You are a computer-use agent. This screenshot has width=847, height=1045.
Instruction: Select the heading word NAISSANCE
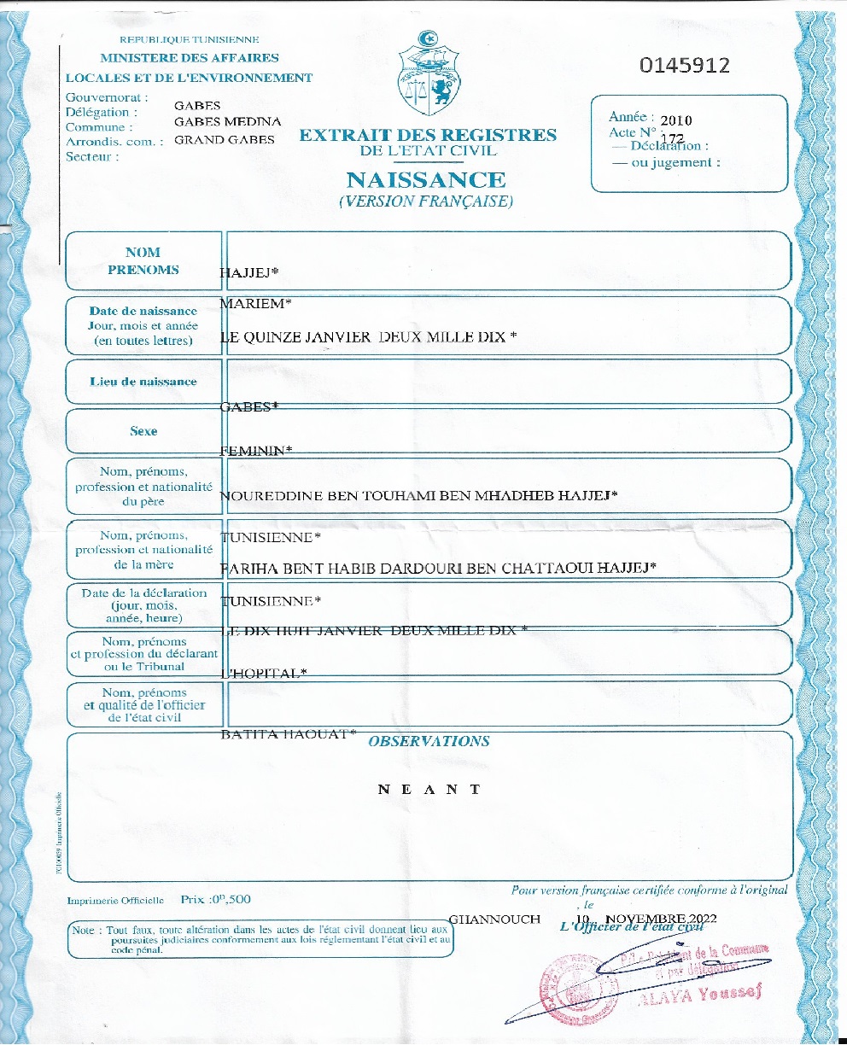point(426,180)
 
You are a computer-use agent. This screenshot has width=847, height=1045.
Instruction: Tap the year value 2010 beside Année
point(675,120)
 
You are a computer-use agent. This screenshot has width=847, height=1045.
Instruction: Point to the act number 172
point(672,137)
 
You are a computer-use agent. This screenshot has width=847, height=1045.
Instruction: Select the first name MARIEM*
point(253,304)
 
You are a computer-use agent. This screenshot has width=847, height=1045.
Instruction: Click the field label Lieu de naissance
point(143,382)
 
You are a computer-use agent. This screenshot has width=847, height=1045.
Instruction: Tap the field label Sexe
point(143,431)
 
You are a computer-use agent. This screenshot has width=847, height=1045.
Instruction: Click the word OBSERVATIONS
point(429,741)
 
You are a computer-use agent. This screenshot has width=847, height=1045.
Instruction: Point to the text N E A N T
point(429,789)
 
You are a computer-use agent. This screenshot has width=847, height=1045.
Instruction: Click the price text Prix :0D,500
point(216,900)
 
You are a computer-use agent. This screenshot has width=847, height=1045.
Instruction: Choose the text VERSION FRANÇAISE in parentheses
point(426,202)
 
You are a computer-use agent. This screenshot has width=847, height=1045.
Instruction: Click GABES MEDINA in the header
point(227,122)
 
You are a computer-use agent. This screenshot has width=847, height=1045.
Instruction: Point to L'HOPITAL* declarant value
point(264,674)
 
